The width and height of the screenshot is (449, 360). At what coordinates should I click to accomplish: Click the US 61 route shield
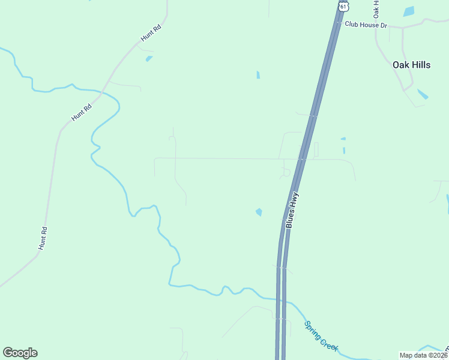(x=343, y=6)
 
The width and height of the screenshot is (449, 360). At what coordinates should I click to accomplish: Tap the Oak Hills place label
(x=411, y=65)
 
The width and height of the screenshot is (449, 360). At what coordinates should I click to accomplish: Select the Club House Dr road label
(x=366, y=25)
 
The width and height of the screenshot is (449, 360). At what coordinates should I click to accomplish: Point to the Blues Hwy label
(x=292, y=211)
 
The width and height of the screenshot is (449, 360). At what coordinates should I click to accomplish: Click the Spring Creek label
(x=321, y=336)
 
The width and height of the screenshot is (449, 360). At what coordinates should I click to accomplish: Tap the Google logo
(x=20, y=353)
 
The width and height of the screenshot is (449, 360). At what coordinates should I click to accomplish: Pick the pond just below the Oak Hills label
(x=423, y=94)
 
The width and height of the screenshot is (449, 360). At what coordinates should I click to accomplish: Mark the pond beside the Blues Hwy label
(x=259, y=212)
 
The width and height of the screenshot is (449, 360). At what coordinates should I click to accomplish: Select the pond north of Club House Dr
(x=409, y=11)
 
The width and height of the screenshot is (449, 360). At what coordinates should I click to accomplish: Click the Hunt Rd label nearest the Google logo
(x=43, y=238)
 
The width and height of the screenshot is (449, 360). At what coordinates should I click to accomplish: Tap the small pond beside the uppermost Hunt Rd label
(x=148, y=59)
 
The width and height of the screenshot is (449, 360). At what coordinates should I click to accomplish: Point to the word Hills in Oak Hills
(x=420, y=65)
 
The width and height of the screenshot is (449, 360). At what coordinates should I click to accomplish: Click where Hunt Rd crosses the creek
(x=103, y=92)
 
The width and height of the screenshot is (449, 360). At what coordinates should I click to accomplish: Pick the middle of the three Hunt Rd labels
(x=82, y=113)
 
